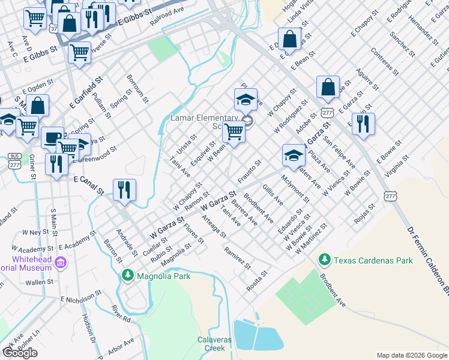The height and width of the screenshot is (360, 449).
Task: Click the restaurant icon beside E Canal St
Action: click(x=124, y=190)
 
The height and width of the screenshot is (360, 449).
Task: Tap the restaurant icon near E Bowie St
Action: click(x=363, y=124)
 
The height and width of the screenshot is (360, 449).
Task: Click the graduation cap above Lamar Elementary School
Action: click(x=246, y=100)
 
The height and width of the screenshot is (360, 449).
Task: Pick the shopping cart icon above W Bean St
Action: click(x=234, y=133)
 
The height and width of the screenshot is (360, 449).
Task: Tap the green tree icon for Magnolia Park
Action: click(x=127, y=275)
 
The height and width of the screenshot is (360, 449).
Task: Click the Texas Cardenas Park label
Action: click(x=373, y=260)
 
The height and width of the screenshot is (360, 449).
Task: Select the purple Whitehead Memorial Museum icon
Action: click(x=60, y=262)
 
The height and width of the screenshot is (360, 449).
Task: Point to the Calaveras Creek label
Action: click(x=214, y=344)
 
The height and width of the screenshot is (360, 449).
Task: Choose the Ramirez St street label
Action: click(x=237, y=257)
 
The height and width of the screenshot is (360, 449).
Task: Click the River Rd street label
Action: click(x=121, y=316)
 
